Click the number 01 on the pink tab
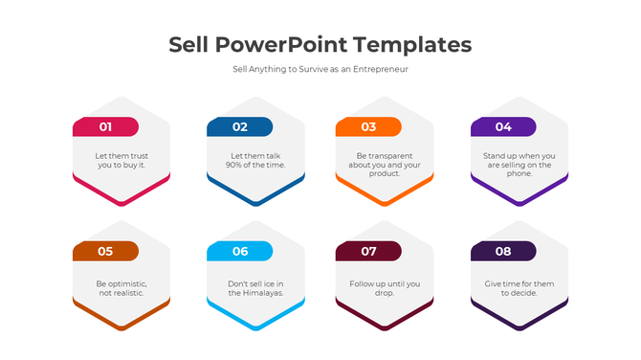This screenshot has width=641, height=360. pyautogui.click(x=105, y=126)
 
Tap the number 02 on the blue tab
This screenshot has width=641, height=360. pyautogui.click(x=239, y=126)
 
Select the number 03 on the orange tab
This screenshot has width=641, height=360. pyautogui.click(x=368, y=126)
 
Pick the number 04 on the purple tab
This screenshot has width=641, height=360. pyautogui.click(x=503, y=126)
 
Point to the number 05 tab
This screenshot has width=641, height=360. pyautogui.click(x=105, y=252)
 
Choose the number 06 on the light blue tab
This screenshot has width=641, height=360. pyautogui.click(x=239, y=252)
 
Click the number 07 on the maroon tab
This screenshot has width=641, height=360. pyautogui.click(x=368, y=252)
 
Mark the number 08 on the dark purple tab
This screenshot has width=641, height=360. pyautogui.click(x=503, y=252)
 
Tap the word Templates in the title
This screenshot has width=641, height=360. pyautogui.click(x=412, y=44)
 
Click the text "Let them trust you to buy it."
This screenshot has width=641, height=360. pyautogui.click(x=122, y=160)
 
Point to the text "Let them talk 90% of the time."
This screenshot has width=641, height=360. pyautogui.click(x=255, y=160)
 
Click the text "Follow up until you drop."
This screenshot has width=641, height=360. pyautogui.click(x=385, y=288)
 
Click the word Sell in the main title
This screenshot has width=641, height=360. pyautogui.click(x=188, y=44)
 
